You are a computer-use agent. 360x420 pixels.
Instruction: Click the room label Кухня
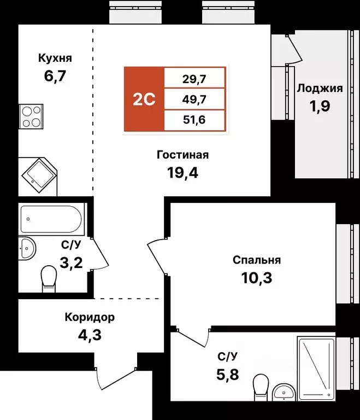tap(55, 58)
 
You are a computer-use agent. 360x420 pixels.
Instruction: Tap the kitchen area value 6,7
tap(55, 75)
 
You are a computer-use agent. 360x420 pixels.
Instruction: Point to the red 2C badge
tap(144, 99)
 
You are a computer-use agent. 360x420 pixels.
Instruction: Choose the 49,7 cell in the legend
tap(194, 99)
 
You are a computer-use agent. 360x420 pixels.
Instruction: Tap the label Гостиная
tap(182, 155)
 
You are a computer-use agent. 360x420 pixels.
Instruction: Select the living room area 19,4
tap(182, 173)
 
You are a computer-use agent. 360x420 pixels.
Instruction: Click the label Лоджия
tap(320, 89)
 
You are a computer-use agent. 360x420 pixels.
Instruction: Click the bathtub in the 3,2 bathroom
tap(51, 219)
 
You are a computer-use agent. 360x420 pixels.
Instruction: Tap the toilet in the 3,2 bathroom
tap(49, 277)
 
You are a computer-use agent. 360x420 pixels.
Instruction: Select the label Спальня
tap(256, 260)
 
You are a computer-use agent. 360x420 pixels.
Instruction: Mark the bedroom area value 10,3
tap(256, 278)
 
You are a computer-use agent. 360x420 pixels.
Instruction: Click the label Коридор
tap(90, 317)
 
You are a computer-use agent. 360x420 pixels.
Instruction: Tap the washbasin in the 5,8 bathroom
tap(283, 392)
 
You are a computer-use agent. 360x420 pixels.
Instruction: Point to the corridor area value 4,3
tap(90, 334)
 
